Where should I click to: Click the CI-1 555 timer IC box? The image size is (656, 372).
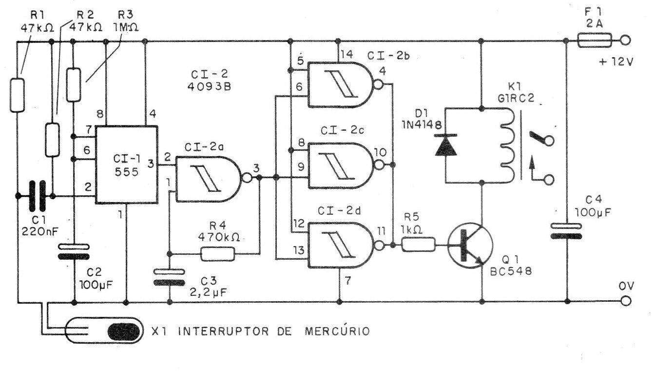coord(126,165)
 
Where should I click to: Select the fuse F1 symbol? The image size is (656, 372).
coord(594,41)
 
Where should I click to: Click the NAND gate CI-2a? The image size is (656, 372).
coord(207,179)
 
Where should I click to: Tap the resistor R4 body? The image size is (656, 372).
coord(217,253)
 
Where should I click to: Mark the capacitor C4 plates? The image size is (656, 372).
coord(567,231)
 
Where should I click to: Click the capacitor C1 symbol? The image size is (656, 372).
coord(37,196)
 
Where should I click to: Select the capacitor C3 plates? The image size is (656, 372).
coord(169,277)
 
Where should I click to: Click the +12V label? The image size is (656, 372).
coord(615,62)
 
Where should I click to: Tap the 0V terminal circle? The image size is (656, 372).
coord(626,301)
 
